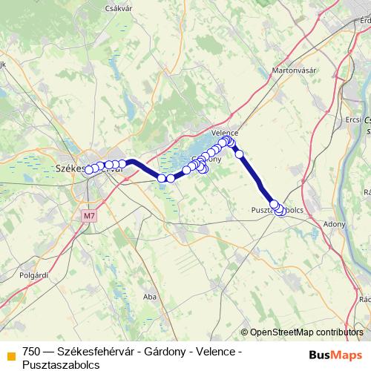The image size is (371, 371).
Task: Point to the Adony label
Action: (x=335, y=223)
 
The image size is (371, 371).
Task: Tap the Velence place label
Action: (x=224, y=127)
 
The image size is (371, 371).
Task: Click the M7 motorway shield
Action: (x=90, y=217)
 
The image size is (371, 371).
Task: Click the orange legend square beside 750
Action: (x=10, y=353)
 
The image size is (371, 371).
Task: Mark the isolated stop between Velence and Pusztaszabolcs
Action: (x=239, y=154)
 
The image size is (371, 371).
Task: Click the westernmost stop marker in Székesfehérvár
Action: (x=89, y=170)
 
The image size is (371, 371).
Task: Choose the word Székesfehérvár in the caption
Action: (x=96, y=352)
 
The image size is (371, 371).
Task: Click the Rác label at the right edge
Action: (x=364, y=300)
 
